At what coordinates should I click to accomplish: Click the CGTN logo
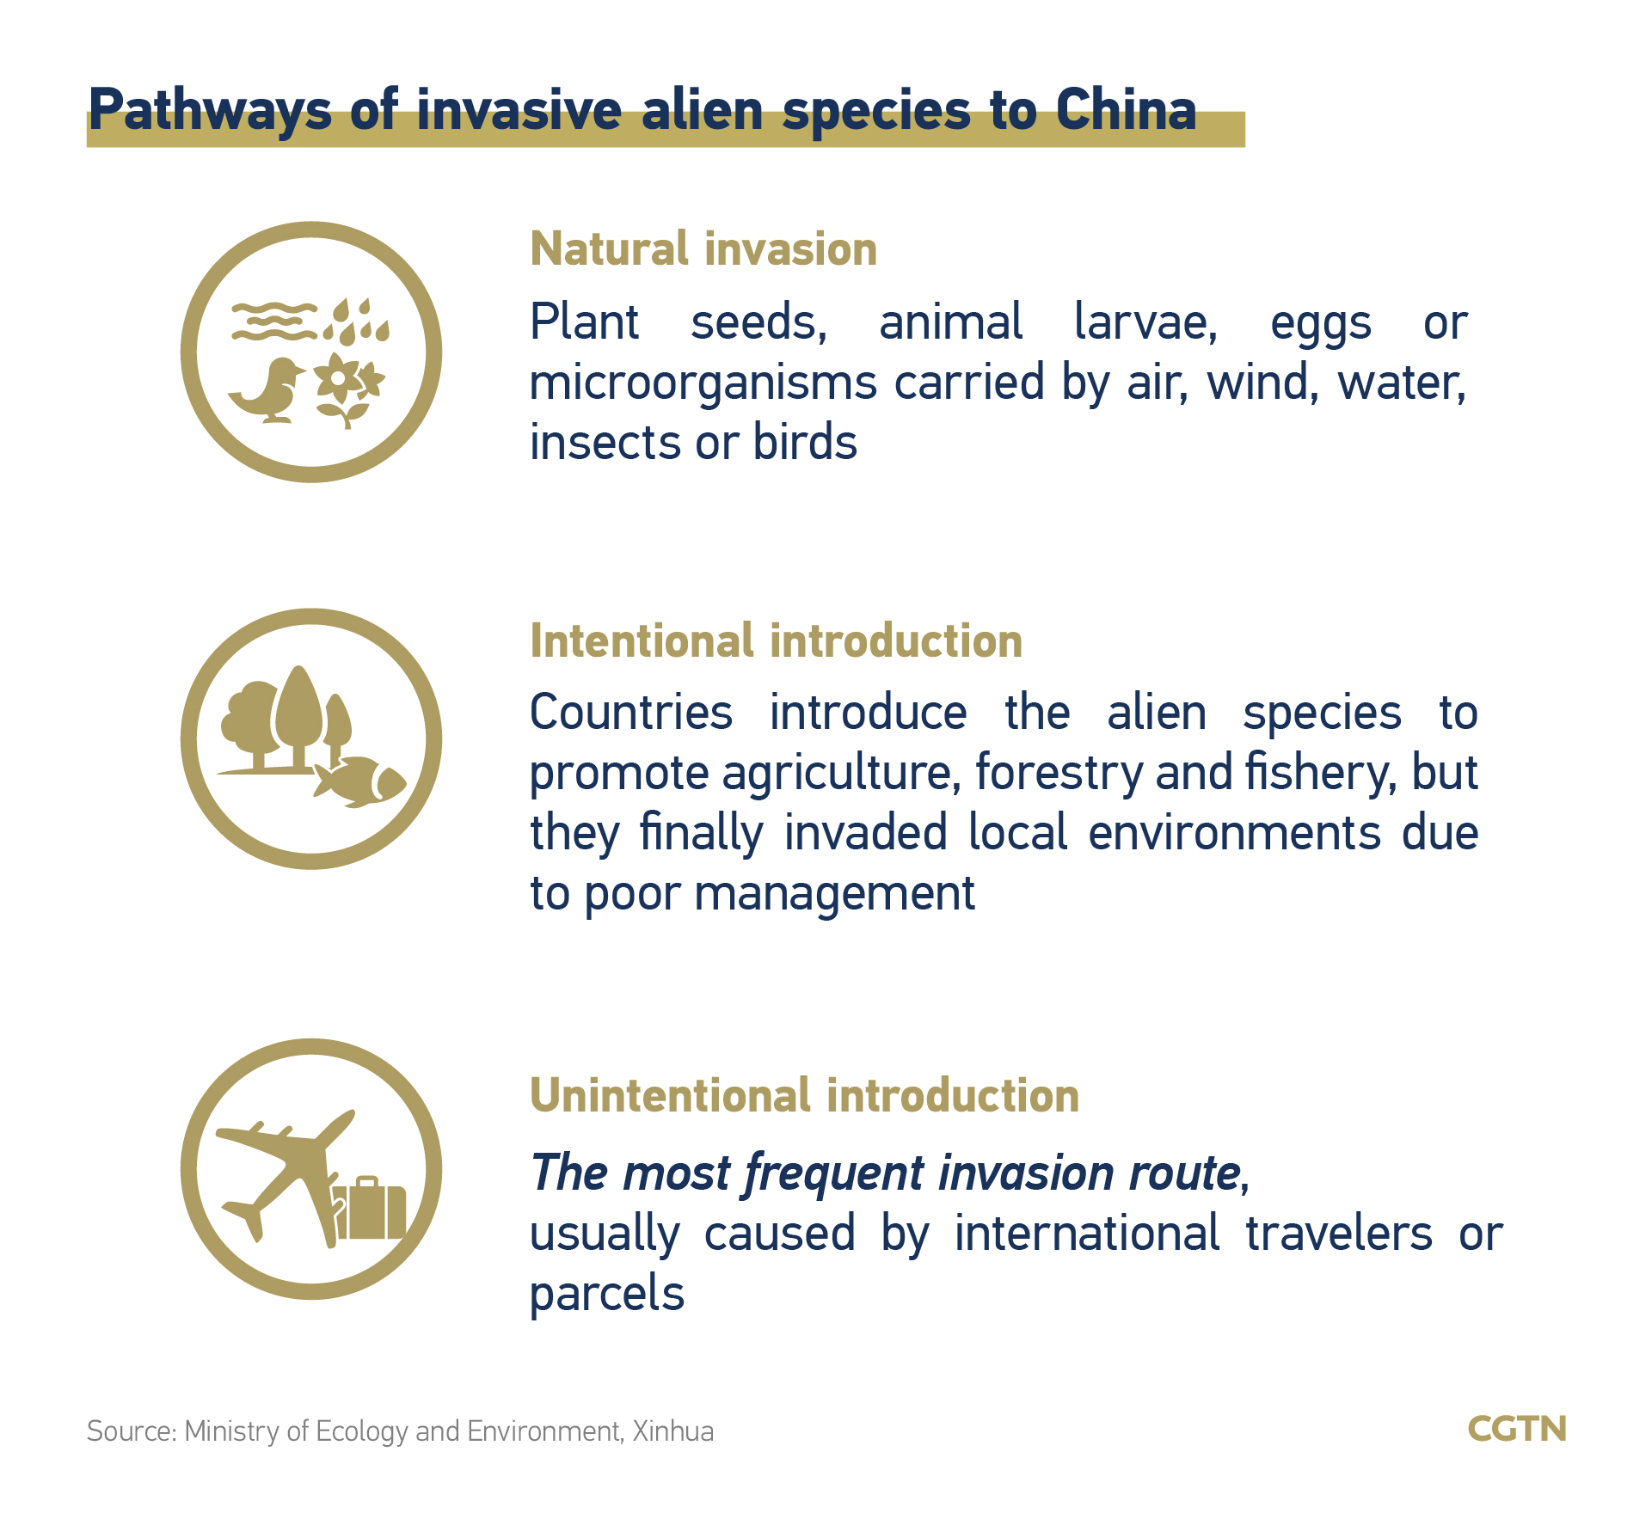1517,1429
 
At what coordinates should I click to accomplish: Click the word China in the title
1126,110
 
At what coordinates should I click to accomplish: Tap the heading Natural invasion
703,249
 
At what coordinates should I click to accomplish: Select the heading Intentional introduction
776,641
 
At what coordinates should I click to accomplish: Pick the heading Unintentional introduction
804,1096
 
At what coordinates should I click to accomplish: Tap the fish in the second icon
359,781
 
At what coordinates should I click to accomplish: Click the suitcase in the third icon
369,1207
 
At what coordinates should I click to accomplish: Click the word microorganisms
703,383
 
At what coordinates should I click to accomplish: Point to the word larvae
1145,323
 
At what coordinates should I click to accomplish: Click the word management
834,894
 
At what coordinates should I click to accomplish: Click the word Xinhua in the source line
673,1430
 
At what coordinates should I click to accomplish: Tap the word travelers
1339,1233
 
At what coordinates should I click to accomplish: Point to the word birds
805,442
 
